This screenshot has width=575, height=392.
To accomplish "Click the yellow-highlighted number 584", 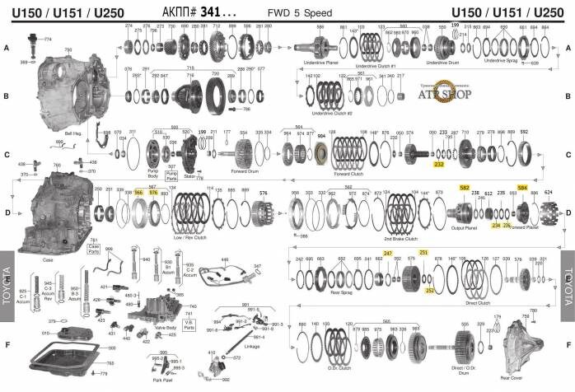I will coord(521,188).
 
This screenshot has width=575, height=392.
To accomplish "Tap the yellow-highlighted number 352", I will coord(429,290).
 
